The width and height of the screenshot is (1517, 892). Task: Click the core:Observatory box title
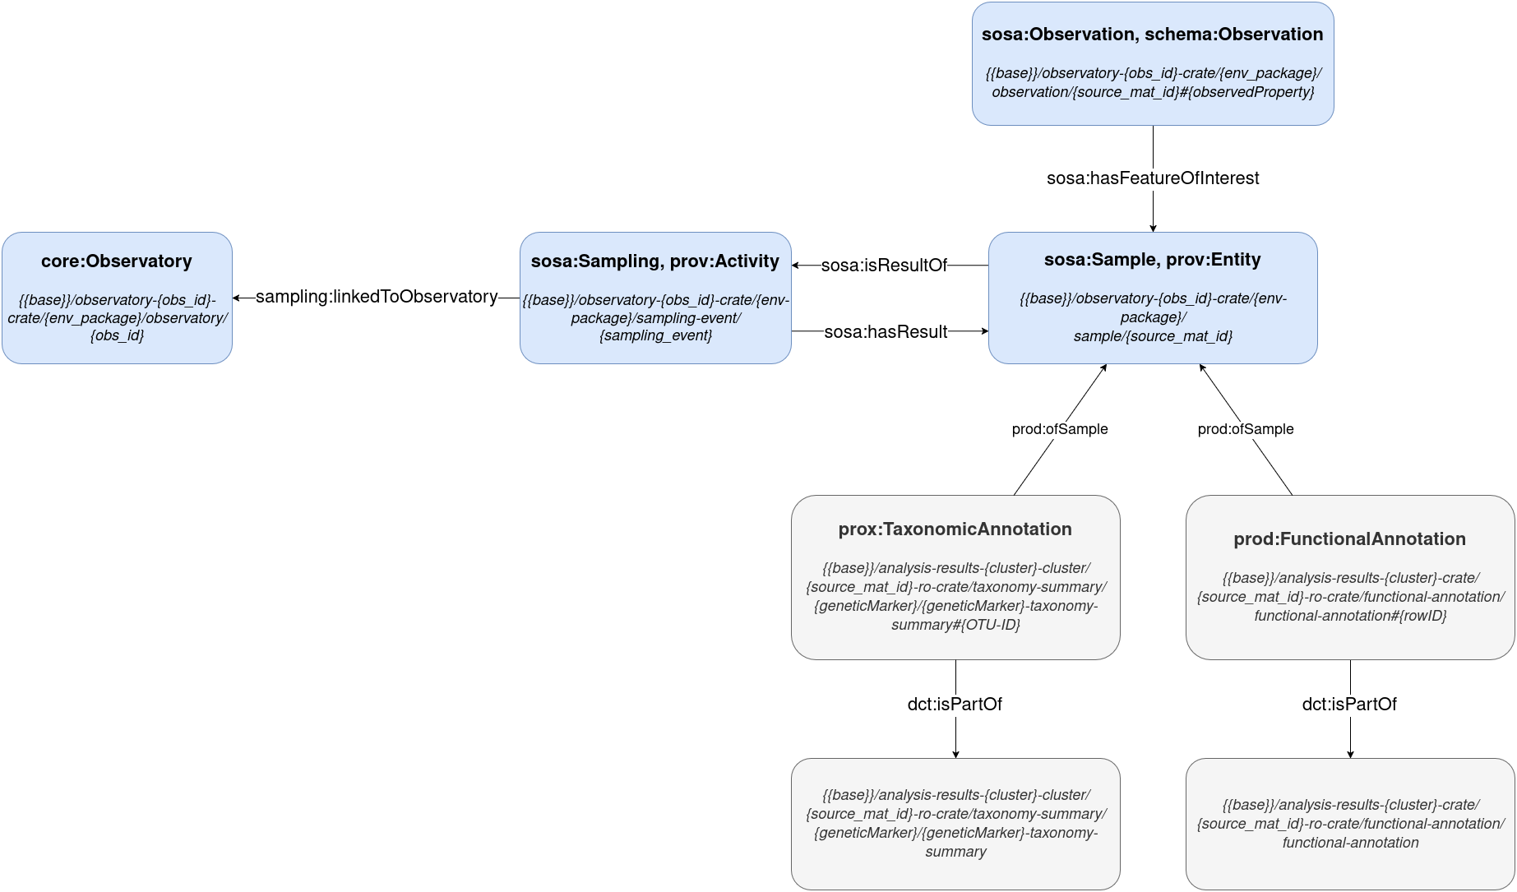[x=117, y=261]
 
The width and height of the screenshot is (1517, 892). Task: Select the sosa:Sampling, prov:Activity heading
[x=655, y=261]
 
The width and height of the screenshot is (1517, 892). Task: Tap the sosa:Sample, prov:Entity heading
[x=1152, y=260]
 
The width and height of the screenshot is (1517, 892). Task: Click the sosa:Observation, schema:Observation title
[x=1152, y=35]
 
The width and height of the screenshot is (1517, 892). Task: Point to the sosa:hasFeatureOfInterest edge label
[x=1152, y=178]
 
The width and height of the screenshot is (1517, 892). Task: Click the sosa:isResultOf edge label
[x=884, y=266]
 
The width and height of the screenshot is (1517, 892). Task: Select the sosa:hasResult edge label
[x=886, y=332]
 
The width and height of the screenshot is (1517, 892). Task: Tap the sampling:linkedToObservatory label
[x=377, y=297]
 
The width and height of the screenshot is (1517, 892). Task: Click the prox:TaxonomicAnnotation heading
[x=955, y=529]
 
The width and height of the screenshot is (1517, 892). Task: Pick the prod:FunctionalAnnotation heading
[x=1349, y=539]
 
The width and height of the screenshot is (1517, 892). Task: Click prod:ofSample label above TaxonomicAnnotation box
[x=1059, y=429]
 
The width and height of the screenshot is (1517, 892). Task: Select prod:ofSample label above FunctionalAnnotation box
[x=1245, y=429]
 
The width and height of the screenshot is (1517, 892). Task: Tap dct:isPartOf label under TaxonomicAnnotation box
[x=955, y=705]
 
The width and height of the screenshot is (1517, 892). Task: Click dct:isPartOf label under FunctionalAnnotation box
[x=1349, y=705]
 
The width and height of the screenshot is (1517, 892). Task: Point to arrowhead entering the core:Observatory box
[x=237, y=298]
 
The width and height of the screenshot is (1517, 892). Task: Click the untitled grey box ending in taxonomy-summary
[x=955, y=824]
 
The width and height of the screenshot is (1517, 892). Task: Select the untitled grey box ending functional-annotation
[x=1350, y=824]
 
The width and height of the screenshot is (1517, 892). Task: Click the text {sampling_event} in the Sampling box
[x=655, y=335]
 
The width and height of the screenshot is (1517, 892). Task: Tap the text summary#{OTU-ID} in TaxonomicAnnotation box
[x=955, y=625]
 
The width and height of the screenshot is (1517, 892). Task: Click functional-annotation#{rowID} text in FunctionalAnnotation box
[x=1350, y=616]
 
